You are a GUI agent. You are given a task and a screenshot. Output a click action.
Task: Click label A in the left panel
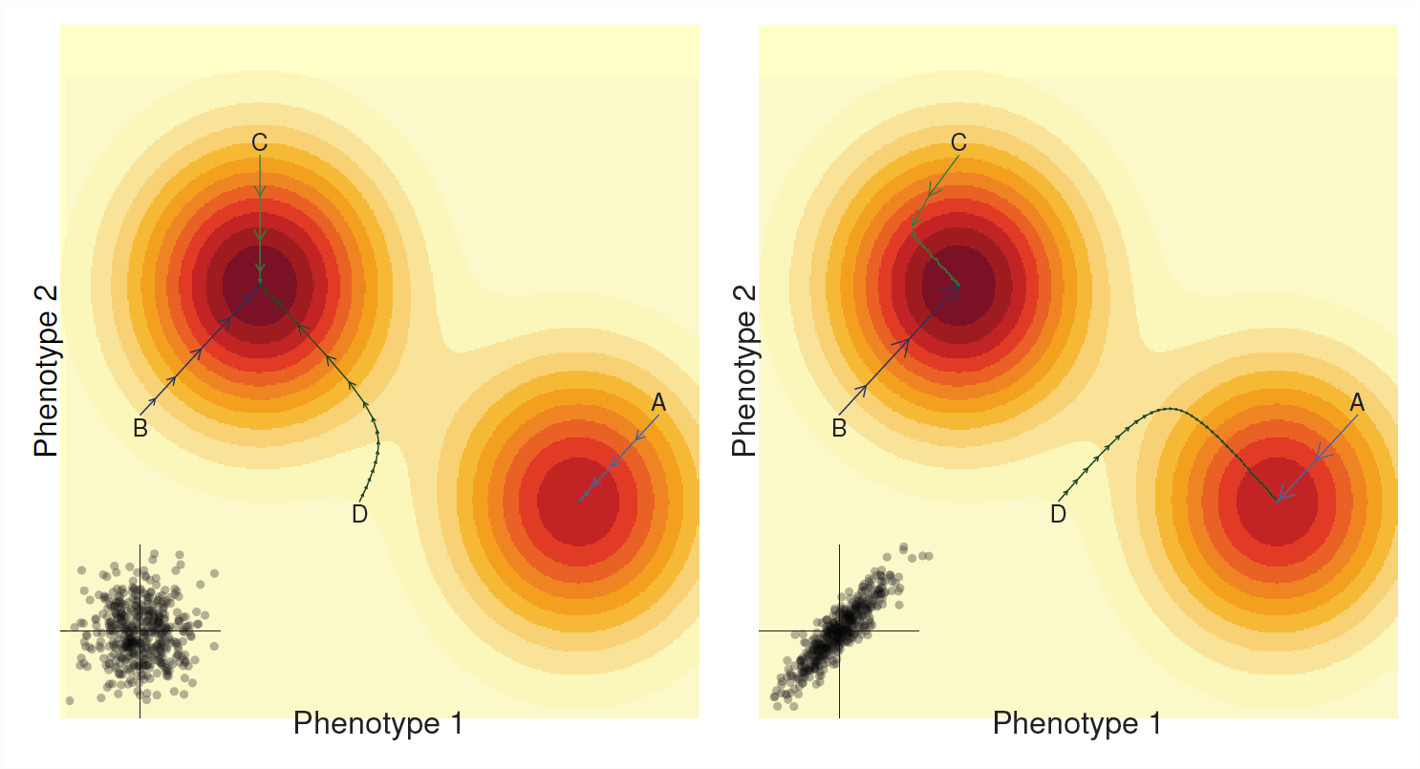point(658,403)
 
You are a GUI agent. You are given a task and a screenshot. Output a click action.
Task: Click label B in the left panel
point(140,429)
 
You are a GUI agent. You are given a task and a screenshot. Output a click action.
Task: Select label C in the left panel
point(259,142)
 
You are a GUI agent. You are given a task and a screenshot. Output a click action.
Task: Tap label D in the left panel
point(359,514)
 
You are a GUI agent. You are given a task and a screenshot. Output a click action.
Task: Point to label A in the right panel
point(1357,403)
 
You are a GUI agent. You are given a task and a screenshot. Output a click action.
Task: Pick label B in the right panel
point(839,429)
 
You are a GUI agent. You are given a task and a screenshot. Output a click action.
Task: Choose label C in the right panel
point(958,142)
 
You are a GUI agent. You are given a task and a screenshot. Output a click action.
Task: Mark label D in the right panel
point(1058,514)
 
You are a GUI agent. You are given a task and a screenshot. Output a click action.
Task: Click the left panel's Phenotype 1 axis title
point(378,724)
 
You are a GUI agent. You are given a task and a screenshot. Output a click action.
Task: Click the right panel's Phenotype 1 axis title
point(1077,724)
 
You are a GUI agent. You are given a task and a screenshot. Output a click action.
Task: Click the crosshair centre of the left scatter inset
point(140,630)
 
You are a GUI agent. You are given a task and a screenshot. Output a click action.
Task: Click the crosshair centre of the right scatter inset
point(839,630)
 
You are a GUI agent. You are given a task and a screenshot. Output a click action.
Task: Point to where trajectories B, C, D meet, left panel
point(259,283)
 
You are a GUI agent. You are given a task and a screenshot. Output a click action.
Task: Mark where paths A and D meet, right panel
point(1277,500)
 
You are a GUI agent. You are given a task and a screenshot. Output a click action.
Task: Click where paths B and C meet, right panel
point(958,285)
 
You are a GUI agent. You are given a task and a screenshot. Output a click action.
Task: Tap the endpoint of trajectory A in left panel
point(579,499)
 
